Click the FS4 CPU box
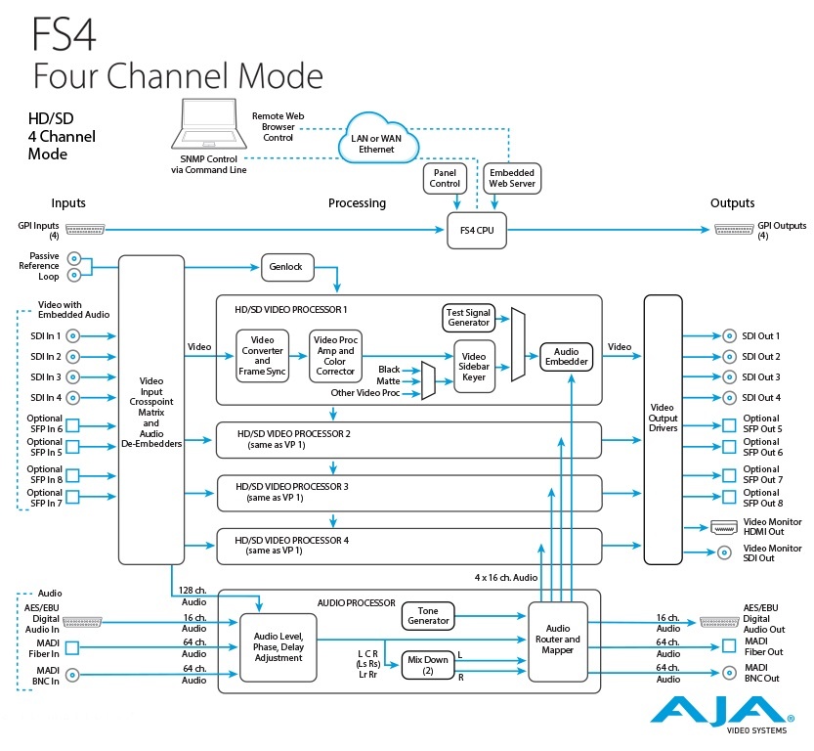pyautogui.click(x=477, y=230)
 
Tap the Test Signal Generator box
pyautogui.click(x=467, y=317)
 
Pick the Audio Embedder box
pyautogui.click(x=567, y=357)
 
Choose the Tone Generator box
pyautogui.click(x=428, y=615)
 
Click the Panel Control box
pyautogui.click(x=445, y=177)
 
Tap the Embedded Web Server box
pyautogui.click(x=512, y=177)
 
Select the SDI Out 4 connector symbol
pyautogui.click(x=730, y=397)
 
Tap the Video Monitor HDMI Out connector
pyautogui.click(x=724, y=527)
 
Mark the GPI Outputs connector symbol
pyautogui.click(x=734, y=230)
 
